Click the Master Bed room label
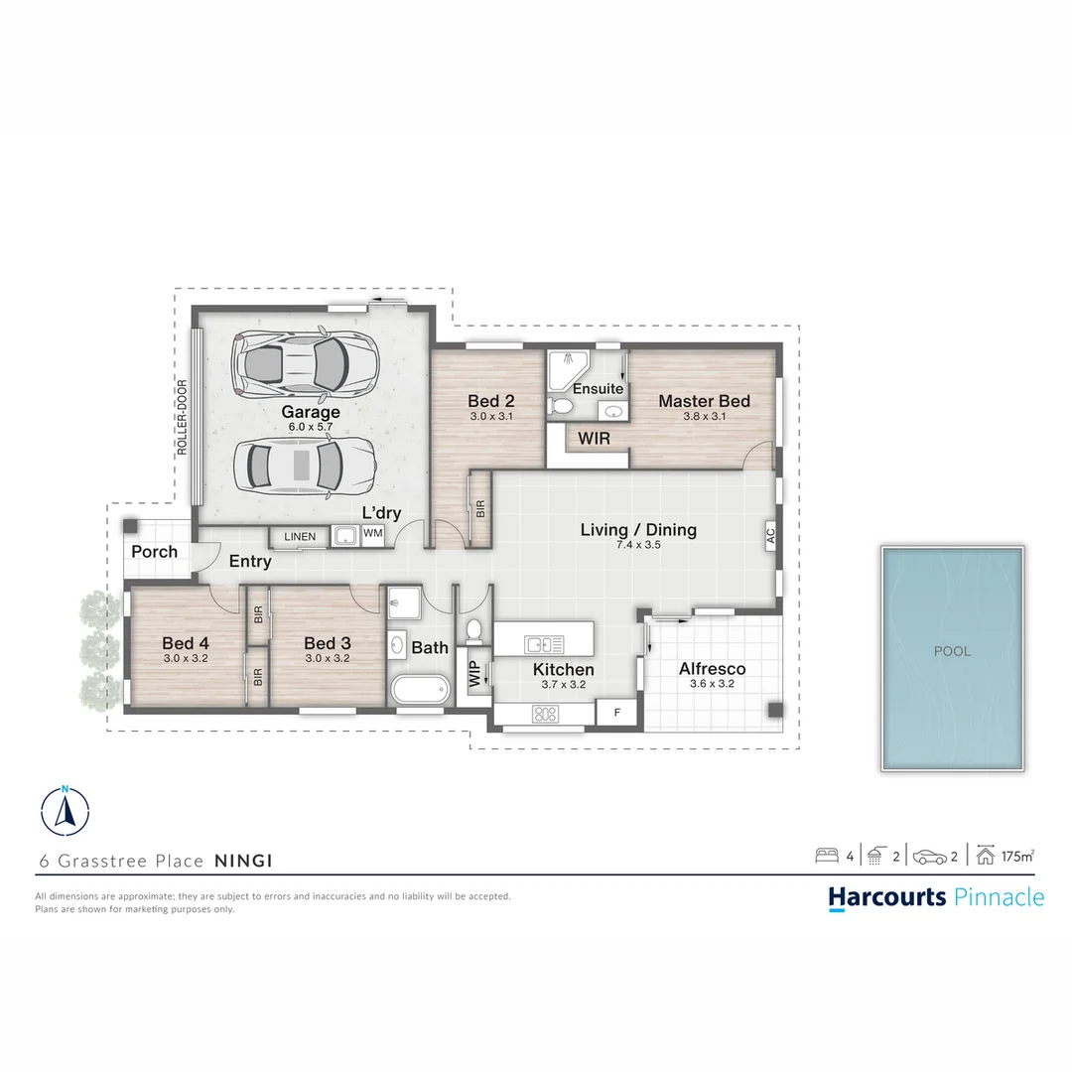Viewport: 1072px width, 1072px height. point(704,401)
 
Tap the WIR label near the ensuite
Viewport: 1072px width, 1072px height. point(594,438)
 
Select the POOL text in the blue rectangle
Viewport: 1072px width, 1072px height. point(952,652)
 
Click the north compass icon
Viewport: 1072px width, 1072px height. point(66,809)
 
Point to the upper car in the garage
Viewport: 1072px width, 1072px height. point(304,362)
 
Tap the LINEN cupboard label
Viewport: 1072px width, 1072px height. point(300,537)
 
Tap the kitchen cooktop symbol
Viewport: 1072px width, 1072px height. point(545,713)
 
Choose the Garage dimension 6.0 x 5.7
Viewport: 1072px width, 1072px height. point(311,427)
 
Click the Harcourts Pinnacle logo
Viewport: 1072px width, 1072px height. point(936,897)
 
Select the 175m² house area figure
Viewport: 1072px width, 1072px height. point(1017,855)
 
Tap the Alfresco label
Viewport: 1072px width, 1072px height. point(712,669)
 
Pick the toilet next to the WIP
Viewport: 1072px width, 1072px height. point(474,629)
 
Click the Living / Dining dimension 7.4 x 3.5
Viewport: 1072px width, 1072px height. point(638,545)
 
